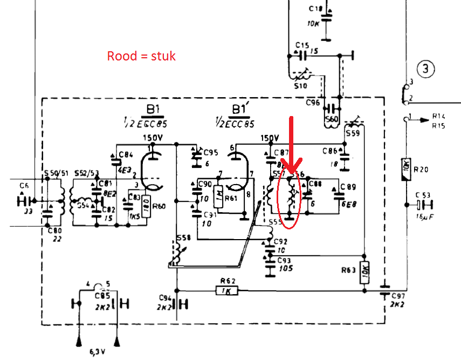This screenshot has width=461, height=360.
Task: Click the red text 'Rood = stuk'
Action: (141, 56)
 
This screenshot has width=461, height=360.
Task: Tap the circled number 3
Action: (425, 69)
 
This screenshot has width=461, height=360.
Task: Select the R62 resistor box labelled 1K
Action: (226, 290)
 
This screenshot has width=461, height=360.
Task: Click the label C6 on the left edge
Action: (23, 186)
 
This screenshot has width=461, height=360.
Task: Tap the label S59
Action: (353, 132)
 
